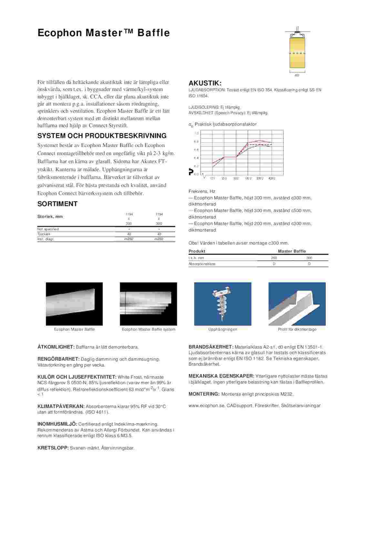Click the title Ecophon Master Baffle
point(104,33)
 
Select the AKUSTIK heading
point(205,83)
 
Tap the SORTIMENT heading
point(57,204)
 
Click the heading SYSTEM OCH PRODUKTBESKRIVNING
point(102,136)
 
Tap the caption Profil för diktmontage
point(297,329)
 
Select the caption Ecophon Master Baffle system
point(148,329)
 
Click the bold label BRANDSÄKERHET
point(211,347)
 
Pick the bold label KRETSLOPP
point(53,448)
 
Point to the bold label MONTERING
point(204,394)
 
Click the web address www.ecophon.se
point(206,406)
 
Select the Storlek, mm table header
point(50,217)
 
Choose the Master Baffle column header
point(292,251)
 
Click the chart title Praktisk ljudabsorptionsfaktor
point(226,124)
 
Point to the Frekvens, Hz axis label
point(202,191)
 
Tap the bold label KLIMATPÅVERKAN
point(61,406)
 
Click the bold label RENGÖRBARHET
point(58,359)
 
